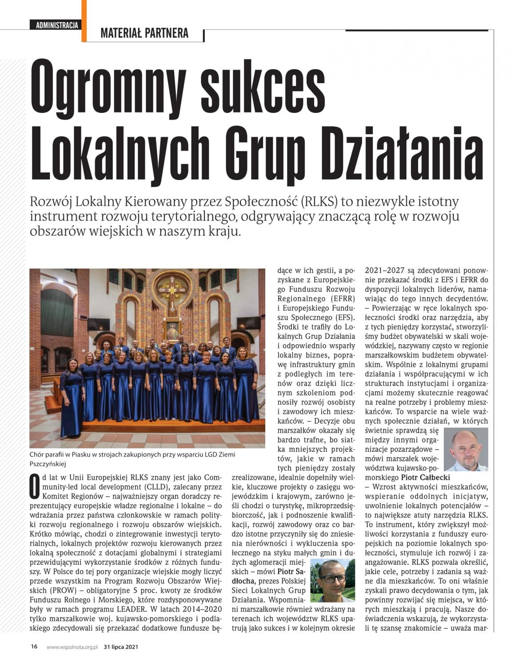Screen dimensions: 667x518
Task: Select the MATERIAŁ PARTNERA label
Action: click(x=144, y=33)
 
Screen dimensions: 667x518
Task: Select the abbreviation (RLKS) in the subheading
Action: click(x=320, y=202)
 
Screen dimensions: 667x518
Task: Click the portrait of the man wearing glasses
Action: click(x=332, y=580)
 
